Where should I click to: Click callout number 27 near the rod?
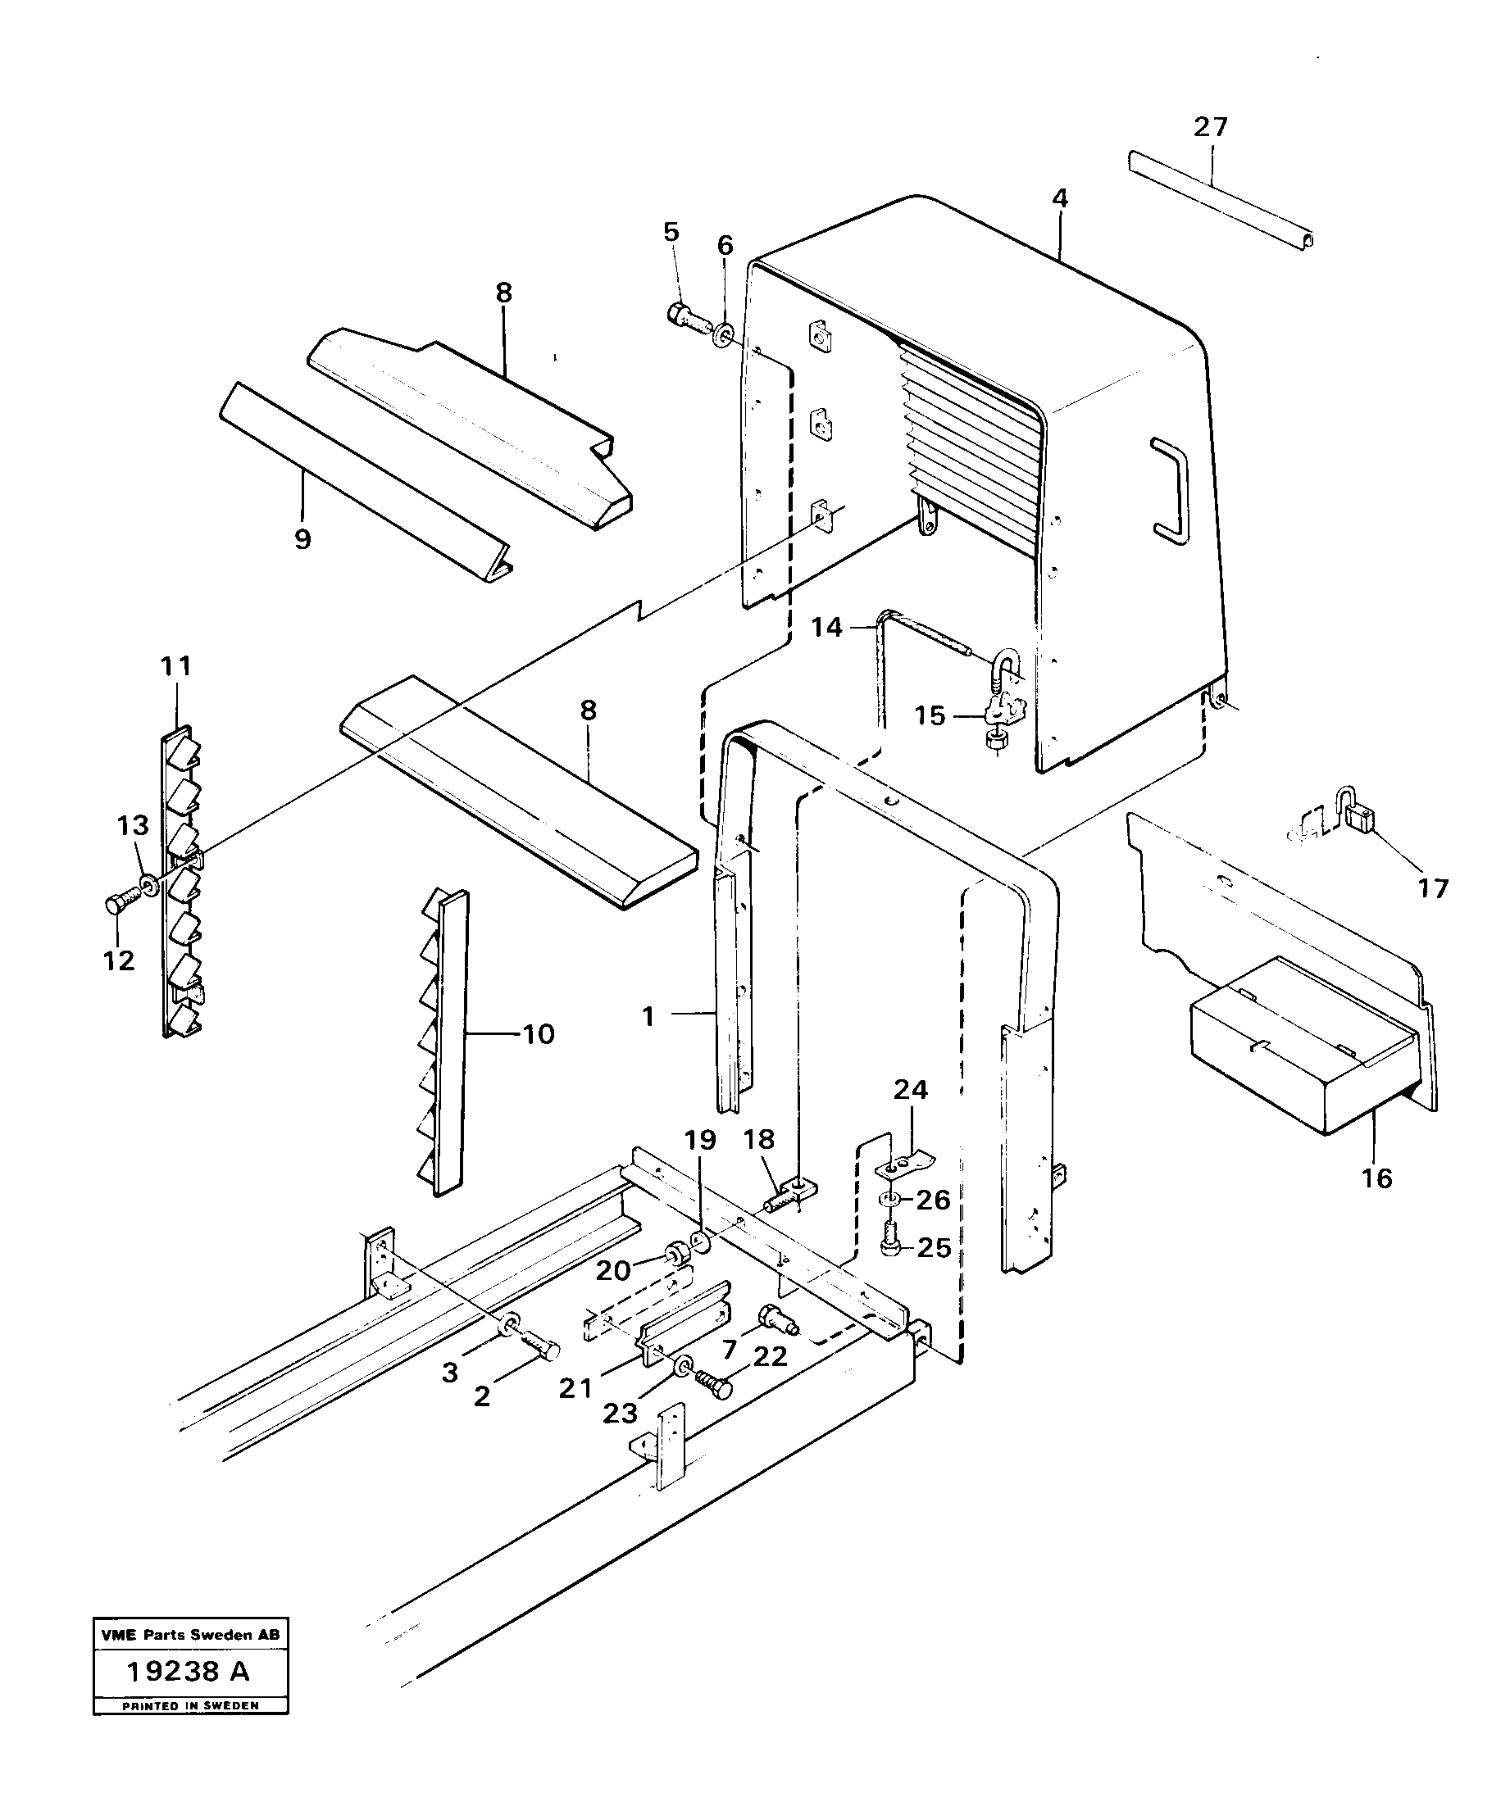1211,127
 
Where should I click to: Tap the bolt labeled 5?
688,320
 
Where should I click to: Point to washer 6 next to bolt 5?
725,331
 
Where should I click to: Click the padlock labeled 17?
1358,820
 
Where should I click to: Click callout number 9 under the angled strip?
302,540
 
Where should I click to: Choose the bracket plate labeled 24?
903,1164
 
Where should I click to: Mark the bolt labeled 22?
716,1383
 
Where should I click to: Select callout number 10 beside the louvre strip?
539,1034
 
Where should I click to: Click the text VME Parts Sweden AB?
189,1635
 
